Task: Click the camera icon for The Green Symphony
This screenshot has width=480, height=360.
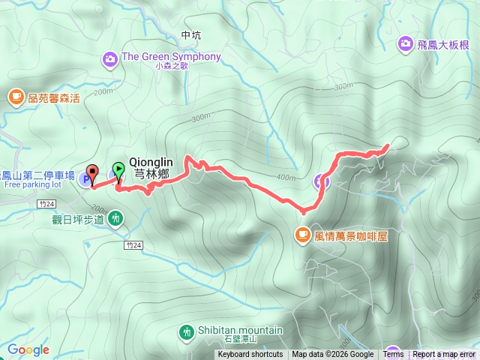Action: click(111, 57)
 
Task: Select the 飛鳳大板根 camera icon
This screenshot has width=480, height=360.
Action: click(406, 44)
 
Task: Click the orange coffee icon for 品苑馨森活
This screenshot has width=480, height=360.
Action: click(16, 96)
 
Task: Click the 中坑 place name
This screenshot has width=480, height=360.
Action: click(191, 35)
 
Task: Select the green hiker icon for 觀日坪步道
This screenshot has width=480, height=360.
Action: click(115, 218)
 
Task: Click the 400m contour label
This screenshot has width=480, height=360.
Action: click(286, 178)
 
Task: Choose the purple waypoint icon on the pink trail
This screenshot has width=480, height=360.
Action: click(320, 180)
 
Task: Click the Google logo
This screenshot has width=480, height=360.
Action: click(28, 349)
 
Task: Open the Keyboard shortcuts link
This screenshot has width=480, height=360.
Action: click(250, 355)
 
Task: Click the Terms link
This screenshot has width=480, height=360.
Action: click(393, 355)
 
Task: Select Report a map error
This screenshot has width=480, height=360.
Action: click(444, 355)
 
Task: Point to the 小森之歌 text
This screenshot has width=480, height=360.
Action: click(172, 67)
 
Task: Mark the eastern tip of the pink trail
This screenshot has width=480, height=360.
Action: click(388, 145)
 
